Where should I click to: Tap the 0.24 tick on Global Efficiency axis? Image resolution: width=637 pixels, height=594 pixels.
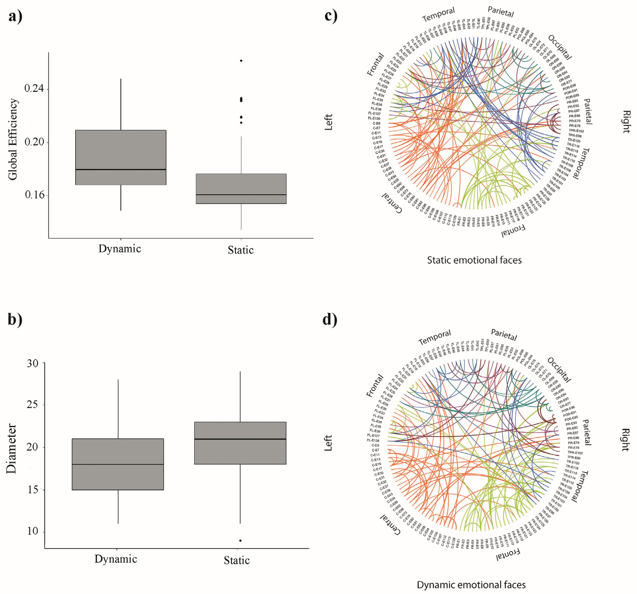tap(34, 89)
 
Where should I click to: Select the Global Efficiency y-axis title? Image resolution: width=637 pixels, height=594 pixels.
tap(13, 139)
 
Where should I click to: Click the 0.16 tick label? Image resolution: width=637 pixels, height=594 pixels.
tap(34, 195)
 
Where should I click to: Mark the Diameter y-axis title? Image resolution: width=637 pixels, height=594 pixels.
tap(11, 449)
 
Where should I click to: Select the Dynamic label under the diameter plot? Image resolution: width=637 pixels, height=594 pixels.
tap(116, 559)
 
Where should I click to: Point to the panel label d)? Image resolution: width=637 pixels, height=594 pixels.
tap(330, 320)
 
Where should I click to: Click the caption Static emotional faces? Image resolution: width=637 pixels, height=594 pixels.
tap(474, 260)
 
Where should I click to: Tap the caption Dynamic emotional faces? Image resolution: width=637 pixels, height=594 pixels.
tap(471, 585)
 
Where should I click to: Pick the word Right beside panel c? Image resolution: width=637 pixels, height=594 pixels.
tap(626, 122)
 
